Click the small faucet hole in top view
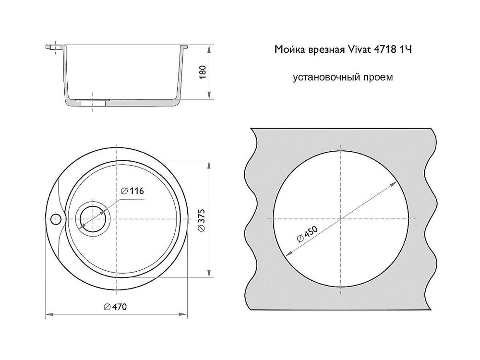[56, 219]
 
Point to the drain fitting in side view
[92, 102]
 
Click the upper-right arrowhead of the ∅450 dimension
[396, 185]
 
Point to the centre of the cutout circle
[340, 219]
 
